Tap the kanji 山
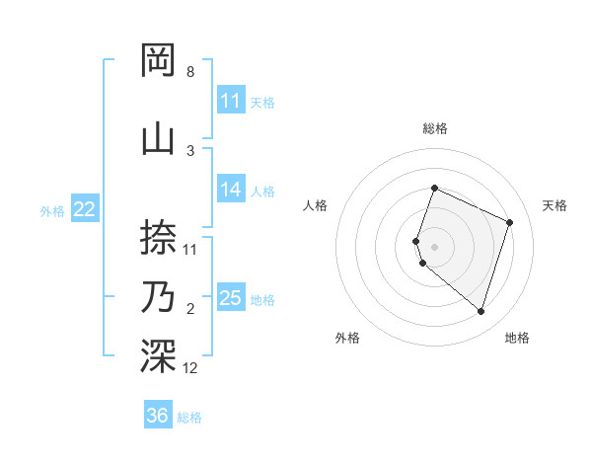click(x=159, y=137)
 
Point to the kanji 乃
click(x=159, y=297)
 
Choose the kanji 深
click(x=159, y=356)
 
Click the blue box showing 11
click(x=231, y=101)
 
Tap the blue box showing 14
click(x=231, y=190)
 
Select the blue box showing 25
click(x=231, y=298)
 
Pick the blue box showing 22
click(x=85, y=208)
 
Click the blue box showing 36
click(x=158, y=416)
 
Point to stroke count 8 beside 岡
click(x=189, y=72)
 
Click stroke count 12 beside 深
click(x=189, y=368)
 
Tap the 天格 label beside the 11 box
click(x=262, y=102)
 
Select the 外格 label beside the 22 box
click(x=52, y=210)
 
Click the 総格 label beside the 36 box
click(x=189, y=418)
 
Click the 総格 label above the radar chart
click(x=434, y=128)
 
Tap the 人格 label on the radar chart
click(x=315, y=205)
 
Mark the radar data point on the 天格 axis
click(x=510, y=222)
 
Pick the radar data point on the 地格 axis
click(x=481, y=312)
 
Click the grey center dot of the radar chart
click(x=434, y=246)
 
